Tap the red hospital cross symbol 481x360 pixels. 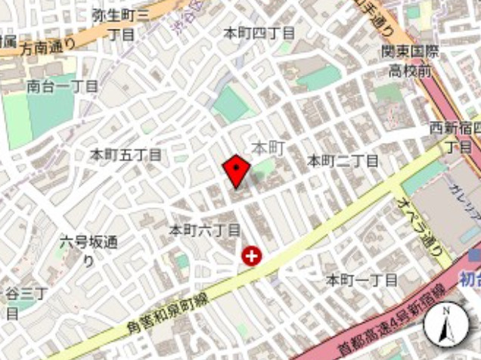click(251, 257)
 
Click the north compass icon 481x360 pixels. click(446, 326)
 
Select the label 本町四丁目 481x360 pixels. click(259, 33)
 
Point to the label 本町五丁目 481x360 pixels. click(126, 154)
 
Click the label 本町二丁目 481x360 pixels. click(343, 160)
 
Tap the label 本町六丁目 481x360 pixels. click(204, 229)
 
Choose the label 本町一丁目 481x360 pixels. click(361, 280)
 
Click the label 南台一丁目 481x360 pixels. click(62, 86)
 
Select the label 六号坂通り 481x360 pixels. click(88, 250)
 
